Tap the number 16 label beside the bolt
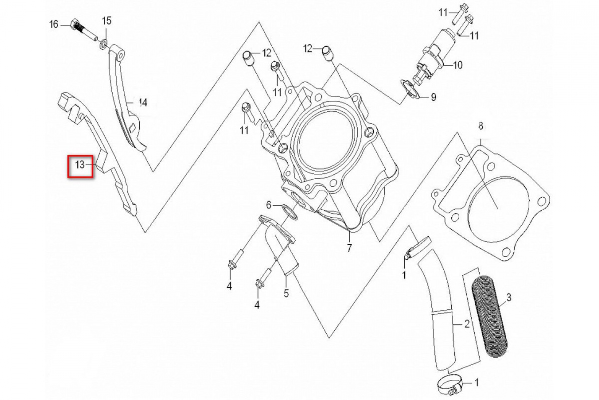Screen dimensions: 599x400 pyautogui.click(x=54, y=25)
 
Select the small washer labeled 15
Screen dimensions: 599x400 pyautogui.click(x=104, y=43)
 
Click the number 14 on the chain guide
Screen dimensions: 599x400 pyautogui.click(x=143, y=102)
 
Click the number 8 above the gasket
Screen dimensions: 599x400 pyautogui.click(x=481, y=126)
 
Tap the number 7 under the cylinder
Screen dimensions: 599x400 pyautogui.click(x=349, y=248)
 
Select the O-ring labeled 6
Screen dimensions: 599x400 pyautogui.click(x=289, y=212)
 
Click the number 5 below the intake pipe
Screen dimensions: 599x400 pyautogui.click(x=286, y=293)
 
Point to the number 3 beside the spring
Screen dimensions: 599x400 pyautogui.click(x=509, y=297)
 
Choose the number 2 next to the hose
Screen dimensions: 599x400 pyautogui.click(x=467, y=324)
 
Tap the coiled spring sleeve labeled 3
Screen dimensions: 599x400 pyautogui.click(x=490, y=316)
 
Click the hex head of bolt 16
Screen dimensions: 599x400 pyautogui.click(x=74, y=24)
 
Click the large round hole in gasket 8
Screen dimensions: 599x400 pyautogui.click(x=499, y=210)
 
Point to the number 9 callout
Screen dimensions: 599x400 pyautogui.click(x=433, y=97)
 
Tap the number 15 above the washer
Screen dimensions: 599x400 pyautogui.click(x=107, y=21)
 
